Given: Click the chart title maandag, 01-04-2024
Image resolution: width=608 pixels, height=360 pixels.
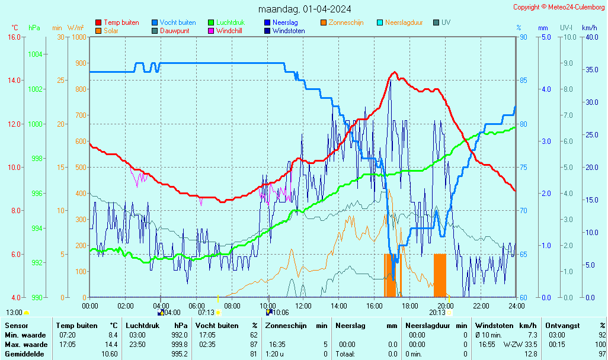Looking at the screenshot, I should click(x=305, y=9).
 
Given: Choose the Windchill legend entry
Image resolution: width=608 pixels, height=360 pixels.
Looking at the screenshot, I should click(x=228, y=31).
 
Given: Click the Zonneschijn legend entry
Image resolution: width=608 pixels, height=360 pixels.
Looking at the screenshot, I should click(x=345, y=22).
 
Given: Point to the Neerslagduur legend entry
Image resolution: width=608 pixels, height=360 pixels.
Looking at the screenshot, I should click(x=404, y=22).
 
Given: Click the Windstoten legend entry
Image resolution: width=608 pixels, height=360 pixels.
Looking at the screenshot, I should click(x=289, y=31).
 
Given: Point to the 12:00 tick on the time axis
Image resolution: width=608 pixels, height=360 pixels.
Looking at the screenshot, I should click(x=303, y=306).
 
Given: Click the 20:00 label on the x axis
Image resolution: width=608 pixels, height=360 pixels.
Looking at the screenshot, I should click(x=446, y=306).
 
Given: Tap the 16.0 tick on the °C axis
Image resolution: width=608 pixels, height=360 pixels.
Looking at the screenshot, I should click(x=14, y=37).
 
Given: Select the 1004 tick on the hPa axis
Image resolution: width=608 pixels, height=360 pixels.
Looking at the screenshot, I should click(x=35, y=54).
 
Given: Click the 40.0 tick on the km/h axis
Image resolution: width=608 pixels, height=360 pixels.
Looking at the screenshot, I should click(x=591, y=37).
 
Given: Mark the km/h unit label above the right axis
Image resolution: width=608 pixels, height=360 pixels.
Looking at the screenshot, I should click(x=589, y=28).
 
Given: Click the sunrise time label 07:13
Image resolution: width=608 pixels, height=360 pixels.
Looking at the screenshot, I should click(x=206, y=313).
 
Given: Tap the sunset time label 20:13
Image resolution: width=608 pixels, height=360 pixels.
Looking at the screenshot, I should click(x=437, y=313).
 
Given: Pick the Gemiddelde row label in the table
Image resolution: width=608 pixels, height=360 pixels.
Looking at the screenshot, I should click(x=25, y=354).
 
